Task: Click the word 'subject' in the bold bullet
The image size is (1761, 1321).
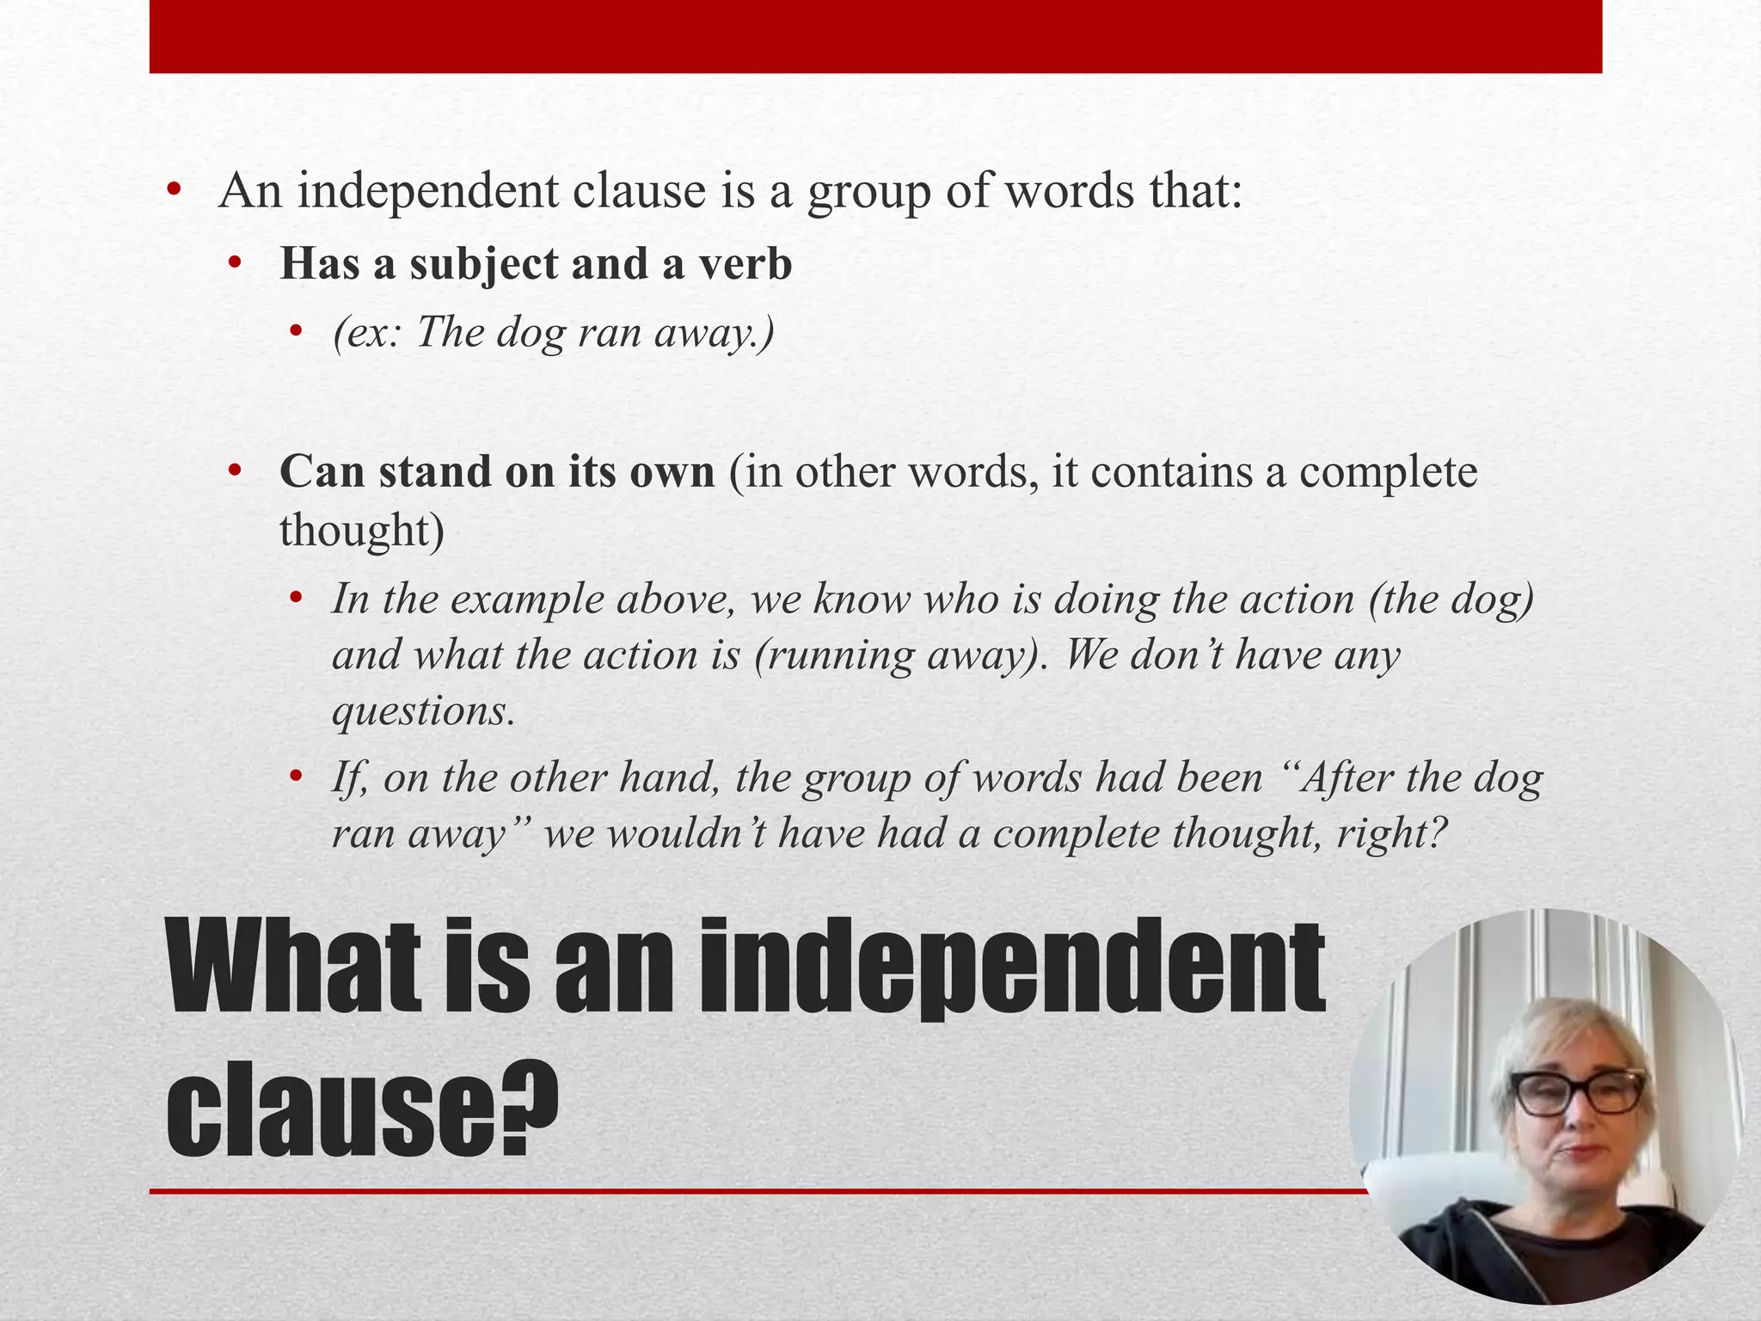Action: pyautogui.click(x=484, y=264)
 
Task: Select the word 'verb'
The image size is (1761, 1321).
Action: pyautogui.click(x=745, y=264)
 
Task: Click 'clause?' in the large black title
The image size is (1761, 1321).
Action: pyautogui.click(x=361, y=1109)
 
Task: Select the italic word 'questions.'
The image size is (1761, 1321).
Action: pyautogui.click(x=423, y=711)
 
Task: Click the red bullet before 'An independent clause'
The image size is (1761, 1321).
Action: pyautogui.click(x=175, y=191)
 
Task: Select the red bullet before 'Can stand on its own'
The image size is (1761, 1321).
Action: pyautogui.click(x=235, y=472)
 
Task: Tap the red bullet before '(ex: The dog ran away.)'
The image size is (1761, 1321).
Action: pyautogui.click(x=297, y=332)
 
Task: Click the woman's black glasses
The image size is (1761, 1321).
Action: pyautogui.click(x=1578, y=1091)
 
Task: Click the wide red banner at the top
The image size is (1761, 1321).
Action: pyautogui.click(x=875, y=36)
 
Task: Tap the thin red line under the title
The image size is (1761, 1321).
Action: pyautogui.click(x=757, y=1191)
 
